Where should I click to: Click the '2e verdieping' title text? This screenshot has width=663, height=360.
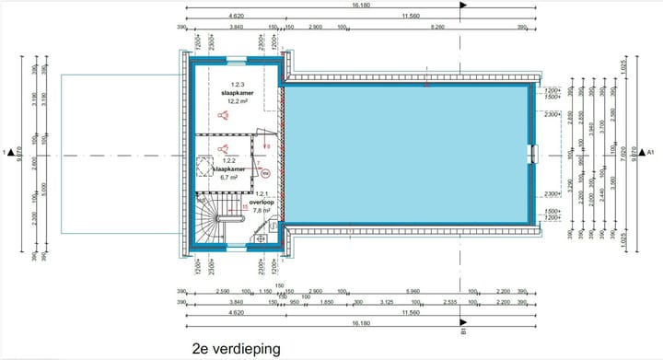[x=236, y=350]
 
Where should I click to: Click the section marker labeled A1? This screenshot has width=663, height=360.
[x=649, y=152]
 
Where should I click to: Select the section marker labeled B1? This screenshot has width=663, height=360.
[x=464, y=333]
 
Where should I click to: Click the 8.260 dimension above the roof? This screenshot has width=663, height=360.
[x=437, y=29]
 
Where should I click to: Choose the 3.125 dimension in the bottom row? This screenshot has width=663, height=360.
[x=388, y=302]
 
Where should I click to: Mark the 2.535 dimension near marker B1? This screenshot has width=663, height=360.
[x=449, y=302]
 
